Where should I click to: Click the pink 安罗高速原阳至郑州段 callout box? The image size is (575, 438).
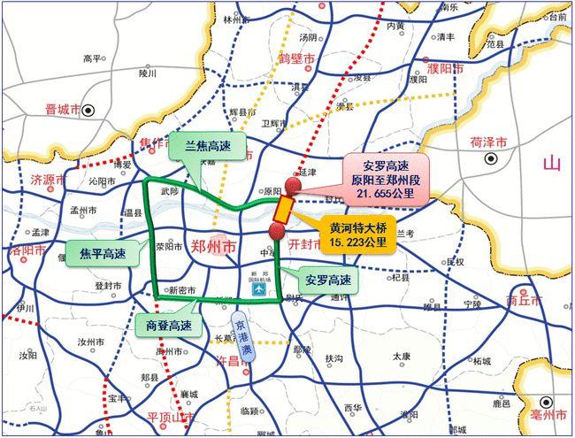[x=386, y=177]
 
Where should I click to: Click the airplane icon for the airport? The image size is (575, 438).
[x=257, y=290]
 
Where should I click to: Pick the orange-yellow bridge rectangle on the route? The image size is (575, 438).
[x=283, y=209]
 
